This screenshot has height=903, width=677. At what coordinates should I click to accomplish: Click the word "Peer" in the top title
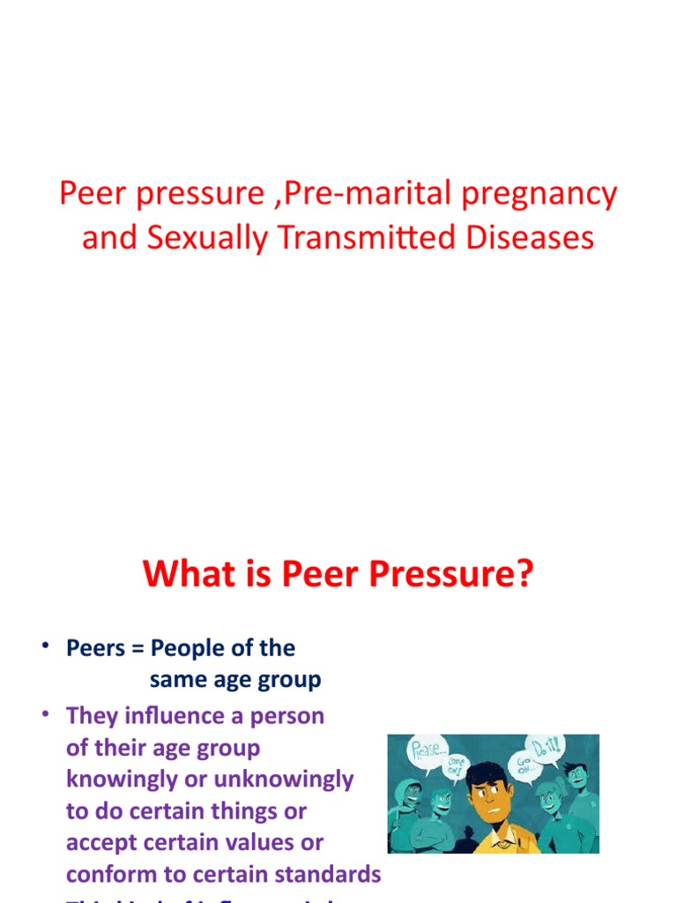(87, 194)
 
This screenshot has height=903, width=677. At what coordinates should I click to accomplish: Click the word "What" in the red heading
(182, 574)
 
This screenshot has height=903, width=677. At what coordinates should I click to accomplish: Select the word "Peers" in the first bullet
(95, 648)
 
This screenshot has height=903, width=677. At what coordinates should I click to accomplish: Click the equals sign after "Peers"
(138, 649)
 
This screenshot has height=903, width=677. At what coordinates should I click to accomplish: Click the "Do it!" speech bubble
(546, 750)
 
